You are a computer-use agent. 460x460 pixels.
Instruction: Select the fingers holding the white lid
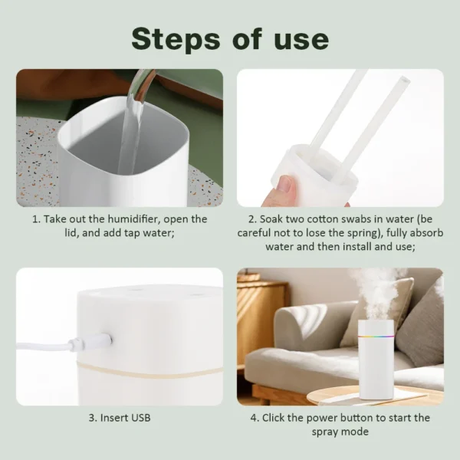(285, 188)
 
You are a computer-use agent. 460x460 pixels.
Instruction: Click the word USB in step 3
(139, 418)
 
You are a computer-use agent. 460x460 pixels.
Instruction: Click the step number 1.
(35, 219)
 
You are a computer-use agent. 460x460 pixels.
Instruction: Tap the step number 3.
(92, 418)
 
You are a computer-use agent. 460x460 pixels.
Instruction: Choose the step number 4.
(254, 418)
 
